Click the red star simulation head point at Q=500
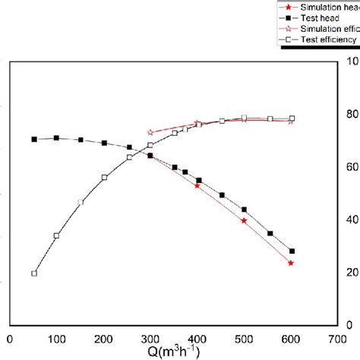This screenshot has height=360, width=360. click(x=244, y=220)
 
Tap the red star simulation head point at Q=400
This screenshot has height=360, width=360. click(x=197, y=185)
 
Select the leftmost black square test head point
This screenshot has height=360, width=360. click(x=34, y=139)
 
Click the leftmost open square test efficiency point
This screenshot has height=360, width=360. click(x=34, y=273)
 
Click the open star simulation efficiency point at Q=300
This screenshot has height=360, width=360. click(x=150, y=132)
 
